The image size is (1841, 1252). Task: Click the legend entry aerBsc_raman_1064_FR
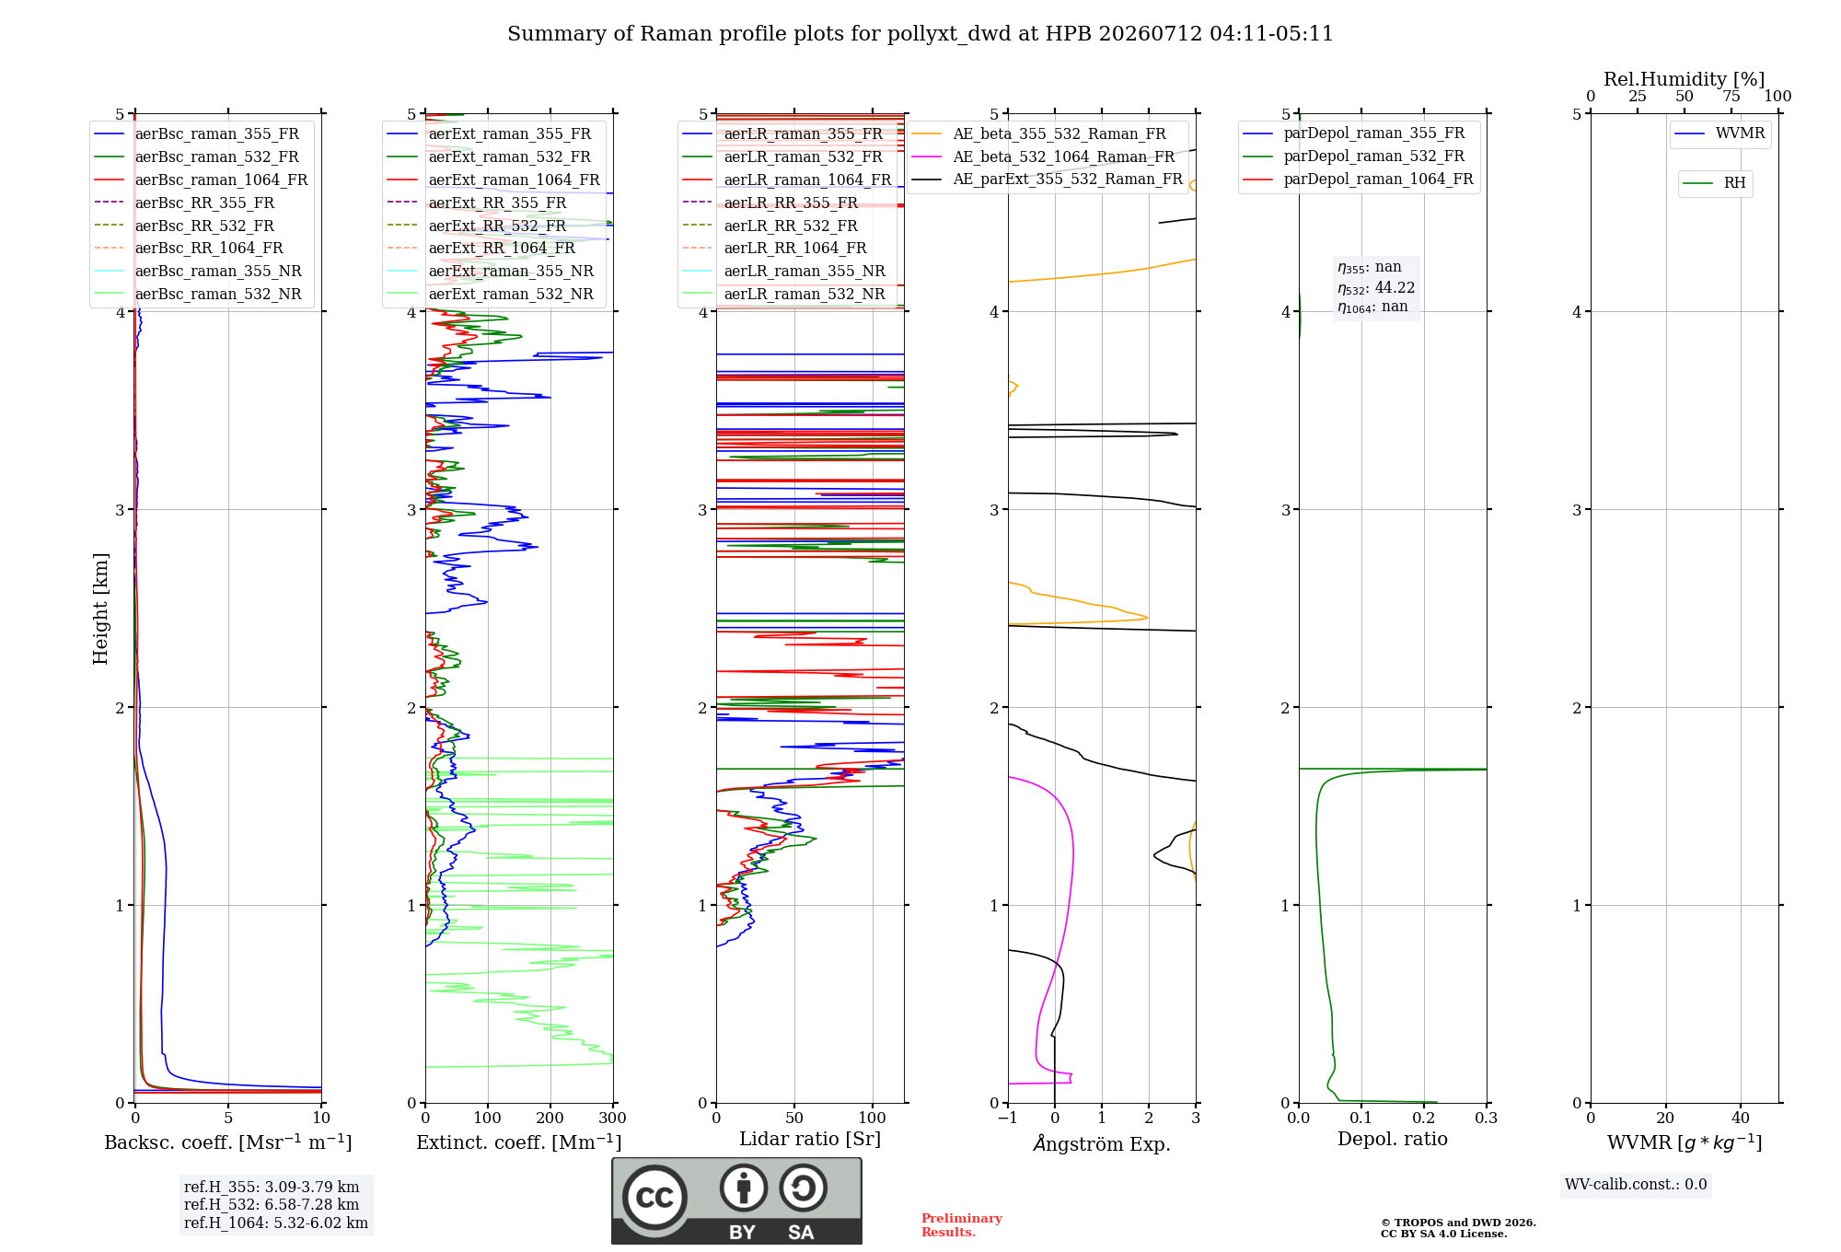[201, 180]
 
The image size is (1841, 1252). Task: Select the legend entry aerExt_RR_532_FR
[477, 226]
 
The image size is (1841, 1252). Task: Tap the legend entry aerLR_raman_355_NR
[783, 271]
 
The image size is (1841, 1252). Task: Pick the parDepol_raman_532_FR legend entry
[1353, 156]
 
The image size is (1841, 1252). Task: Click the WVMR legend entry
[1719, 133]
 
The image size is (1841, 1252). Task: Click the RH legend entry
[1714, 183]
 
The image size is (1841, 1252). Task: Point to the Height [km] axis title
[100, 609]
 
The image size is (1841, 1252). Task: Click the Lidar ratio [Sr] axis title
[810, 1139]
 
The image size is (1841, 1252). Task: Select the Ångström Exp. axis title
[1102, 1143]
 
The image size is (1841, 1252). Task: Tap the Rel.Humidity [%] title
[1685, 79]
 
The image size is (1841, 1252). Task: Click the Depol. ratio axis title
[1393, 1139]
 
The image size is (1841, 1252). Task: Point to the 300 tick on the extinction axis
[613, 1118]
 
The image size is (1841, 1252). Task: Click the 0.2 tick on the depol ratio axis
[1424, 1118]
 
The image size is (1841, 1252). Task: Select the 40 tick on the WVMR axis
[1741, 1118]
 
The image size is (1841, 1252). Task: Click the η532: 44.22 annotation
[1376, 288]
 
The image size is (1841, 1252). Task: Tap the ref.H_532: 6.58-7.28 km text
[272, 1204]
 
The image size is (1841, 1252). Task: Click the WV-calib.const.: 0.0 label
[1636, 1185]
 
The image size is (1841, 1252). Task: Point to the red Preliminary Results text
[962, 1225]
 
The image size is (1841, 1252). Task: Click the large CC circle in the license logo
[654, 1197]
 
